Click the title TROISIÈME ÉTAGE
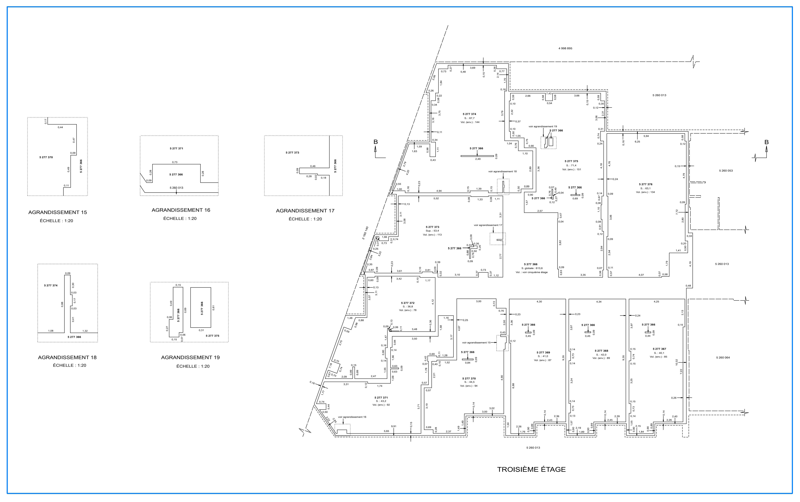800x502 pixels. coord(531,469)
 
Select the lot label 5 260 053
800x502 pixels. coord(726,171)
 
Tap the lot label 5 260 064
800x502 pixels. coord(723,358)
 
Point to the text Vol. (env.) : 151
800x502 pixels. coord(572,169)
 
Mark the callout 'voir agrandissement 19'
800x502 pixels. coord(543,126)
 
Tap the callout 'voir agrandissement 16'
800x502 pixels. coord(352,417)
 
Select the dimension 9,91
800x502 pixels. coord(394,426)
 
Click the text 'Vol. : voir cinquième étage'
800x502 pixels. coord(532,272)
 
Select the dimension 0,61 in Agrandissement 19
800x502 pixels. coord(214,308)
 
